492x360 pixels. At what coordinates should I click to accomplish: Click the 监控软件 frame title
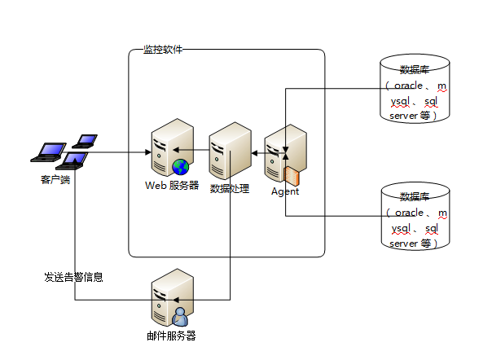tap(163, 50)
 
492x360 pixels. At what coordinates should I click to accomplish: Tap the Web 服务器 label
tap(172, 186)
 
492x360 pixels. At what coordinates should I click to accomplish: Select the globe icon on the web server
tap(181, 167)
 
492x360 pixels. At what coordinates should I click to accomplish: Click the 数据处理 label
tap(230, 189)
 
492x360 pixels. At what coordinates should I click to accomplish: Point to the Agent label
tap(285, 191)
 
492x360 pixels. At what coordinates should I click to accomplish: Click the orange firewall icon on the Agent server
tap(292, 175)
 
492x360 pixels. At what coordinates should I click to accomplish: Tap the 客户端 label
tap(55, 180)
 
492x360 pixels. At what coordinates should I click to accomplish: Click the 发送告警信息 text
tap(74, 277)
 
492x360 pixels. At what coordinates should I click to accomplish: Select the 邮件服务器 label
tap(171, 336)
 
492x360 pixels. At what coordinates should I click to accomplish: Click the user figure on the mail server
tap(180, 317)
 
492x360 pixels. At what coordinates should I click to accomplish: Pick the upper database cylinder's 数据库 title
tap(415, 70)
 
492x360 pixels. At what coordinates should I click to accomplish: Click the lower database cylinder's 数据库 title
tap(415, 197)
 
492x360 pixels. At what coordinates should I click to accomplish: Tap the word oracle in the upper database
tap(408, 86)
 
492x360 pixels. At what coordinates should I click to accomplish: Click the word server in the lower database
tap(403, 244)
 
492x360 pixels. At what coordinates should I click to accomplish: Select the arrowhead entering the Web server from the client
tap(148, 152)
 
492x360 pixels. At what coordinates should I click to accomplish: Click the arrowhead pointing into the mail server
tap(176, 300)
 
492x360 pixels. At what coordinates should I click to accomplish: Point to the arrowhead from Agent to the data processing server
tap(254, 153)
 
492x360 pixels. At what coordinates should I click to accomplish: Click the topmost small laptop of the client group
tap(85, 141)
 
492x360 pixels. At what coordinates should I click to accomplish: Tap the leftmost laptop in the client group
tap(49, 152)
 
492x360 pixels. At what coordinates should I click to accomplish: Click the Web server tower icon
tap(172, 147)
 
